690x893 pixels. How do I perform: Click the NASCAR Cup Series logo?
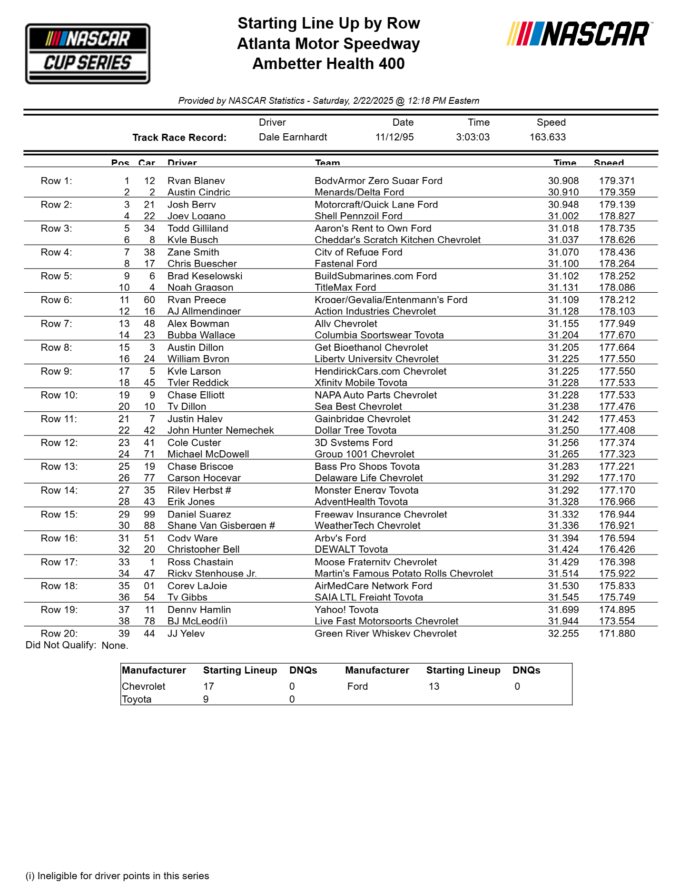click(88, 54)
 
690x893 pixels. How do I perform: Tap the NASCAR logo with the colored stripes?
click(579, 34)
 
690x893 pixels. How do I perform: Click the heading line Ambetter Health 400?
click(328, 64)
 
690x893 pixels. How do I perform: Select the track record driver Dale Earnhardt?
click(293, 137)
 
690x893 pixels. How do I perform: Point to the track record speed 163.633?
click(548, 137)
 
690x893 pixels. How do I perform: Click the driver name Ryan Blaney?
click(196, 181)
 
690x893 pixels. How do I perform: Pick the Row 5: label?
click(56, 276)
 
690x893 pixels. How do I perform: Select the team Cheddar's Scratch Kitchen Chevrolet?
click(397, 240)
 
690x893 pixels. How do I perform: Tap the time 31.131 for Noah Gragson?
click(563, 288)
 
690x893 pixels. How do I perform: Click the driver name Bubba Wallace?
click(201, 335)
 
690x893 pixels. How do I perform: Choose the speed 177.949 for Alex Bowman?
click(617, 324)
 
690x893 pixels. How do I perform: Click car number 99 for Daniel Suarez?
click(149, 515)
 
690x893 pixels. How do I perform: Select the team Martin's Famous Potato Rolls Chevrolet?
click(404, 574)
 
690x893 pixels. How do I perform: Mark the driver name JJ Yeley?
click(186, 634)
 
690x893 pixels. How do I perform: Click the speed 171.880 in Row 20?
click(617, 634)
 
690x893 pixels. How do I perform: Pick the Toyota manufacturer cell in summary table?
click(137, 699)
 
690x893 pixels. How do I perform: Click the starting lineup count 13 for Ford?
click(434, 686)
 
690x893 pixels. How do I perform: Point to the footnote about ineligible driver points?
click(117, 876)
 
